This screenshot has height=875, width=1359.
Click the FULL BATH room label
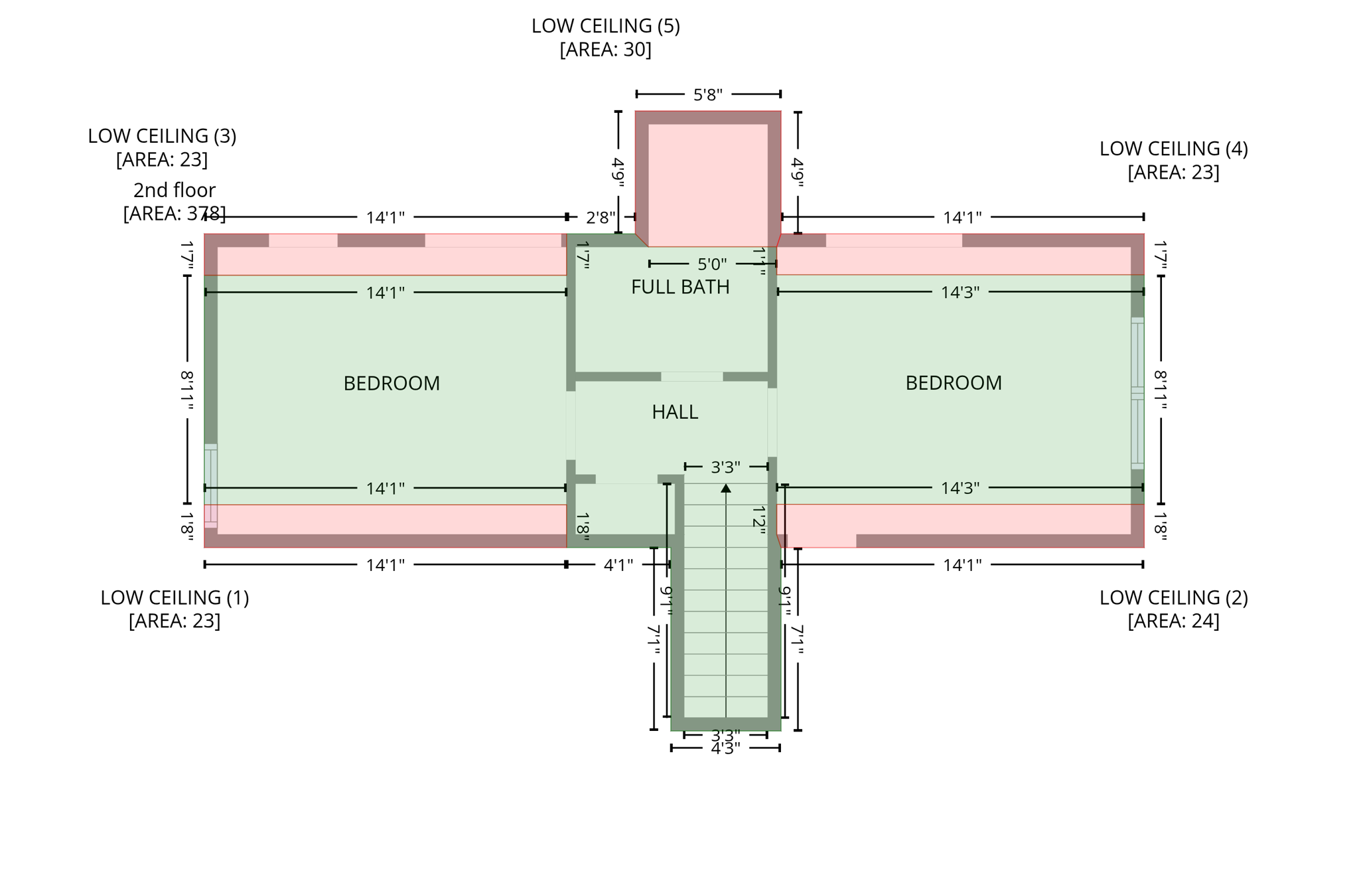(679, 287)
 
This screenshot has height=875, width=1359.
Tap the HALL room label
(674, 412)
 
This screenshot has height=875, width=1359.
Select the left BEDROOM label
(392, 383)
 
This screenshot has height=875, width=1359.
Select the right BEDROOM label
(953, 382)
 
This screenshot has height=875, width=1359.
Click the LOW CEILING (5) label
(605, 26)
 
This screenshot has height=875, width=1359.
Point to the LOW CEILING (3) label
(162, 135)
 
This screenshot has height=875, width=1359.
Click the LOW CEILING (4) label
(1173, 148)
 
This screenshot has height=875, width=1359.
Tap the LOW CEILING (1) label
(175, 597)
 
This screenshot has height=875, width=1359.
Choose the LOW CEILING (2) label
(1173, 597)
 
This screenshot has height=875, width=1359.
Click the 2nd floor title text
(175, 190)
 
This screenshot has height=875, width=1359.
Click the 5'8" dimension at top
(707, 95)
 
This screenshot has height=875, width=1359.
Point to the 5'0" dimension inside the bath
(711, 264)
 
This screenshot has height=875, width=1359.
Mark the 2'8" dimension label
(600, 217)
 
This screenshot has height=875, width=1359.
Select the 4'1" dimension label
(618, 565)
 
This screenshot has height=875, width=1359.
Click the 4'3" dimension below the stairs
(725, 749)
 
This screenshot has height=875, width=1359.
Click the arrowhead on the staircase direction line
(726, 488)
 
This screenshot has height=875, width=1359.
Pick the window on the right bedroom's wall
(1137, 393)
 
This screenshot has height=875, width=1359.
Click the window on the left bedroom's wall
(210, 485)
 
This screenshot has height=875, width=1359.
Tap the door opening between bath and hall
(691, 376)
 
